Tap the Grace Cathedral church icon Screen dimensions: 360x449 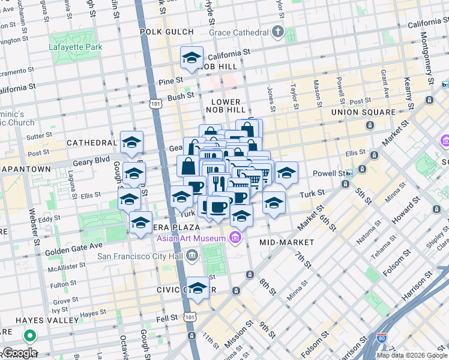coord(278,31)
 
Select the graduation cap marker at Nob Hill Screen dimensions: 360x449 coord(191,58)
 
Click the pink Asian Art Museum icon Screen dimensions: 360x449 coord(235,239)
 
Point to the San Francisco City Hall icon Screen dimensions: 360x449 coord(191,256)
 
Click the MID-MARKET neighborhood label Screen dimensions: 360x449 coord(287,242)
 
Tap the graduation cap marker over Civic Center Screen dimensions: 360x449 coord(197,289)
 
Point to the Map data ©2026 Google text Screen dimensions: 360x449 coord(412,355)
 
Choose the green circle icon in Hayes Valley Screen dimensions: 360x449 coord(28,336)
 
